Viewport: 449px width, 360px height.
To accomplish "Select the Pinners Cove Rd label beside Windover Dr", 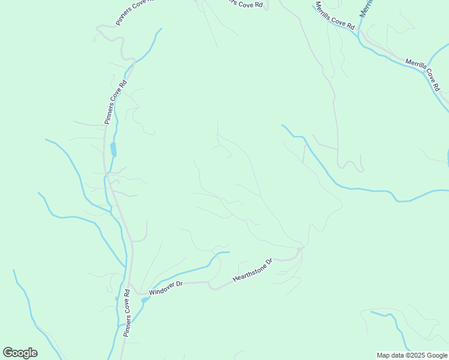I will tap(127, 313).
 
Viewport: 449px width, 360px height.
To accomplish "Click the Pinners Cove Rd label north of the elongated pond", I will tap(116, 102).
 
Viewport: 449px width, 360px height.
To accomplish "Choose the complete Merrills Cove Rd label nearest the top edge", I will tap(335, 16).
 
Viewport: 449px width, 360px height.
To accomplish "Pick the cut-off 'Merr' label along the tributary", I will tap(366, 8).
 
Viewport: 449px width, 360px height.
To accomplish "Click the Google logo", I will tap(20, 353).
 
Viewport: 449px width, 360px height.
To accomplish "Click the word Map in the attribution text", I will tap(383, 355).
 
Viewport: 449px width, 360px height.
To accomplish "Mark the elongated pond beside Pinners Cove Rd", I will tap(113, 149).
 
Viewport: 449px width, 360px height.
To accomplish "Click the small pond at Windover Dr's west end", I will tap(146, 298).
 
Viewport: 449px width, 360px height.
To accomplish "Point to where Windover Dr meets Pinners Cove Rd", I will tap(131, 292).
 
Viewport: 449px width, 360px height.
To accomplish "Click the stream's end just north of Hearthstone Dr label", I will tap(228, 253).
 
